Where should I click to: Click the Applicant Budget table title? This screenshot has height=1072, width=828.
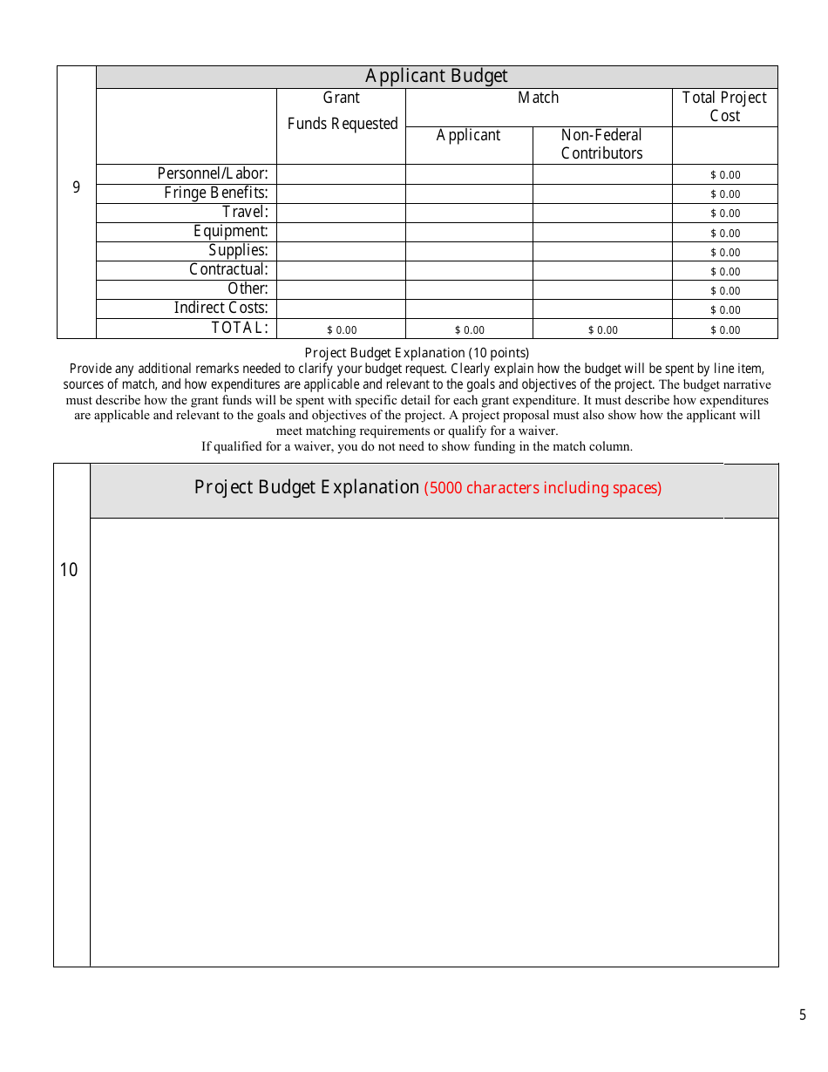tap(436, 77)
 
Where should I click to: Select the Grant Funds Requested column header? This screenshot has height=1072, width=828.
tap(342, 111)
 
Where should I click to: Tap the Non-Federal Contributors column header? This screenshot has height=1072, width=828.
tap(601, 144)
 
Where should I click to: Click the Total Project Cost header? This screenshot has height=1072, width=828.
tap(724, 106)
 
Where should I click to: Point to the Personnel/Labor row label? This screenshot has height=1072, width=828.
tap(213, 174)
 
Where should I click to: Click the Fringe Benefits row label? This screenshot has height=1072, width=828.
tap(216, 193)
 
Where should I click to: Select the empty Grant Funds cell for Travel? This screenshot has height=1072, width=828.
tap(341, 213)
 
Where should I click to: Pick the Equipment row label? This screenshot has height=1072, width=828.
tap(231, 232)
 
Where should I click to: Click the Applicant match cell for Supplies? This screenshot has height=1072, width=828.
tap(469, 251)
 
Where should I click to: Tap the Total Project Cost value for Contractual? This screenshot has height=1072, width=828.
tap(725, 271)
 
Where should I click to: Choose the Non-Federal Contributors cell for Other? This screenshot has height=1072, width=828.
tap(602, 289)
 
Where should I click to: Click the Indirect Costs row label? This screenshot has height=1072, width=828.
tap(221, 309)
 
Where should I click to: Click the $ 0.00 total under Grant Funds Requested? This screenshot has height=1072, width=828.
tap(342, 330)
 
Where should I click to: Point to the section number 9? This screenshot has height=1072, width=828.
tap(76, 187)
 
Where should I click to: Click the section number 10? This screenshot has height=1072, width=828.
tap(69, 570)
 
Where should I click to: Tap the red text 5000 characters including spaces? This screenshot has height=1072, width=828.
tap(542, 488)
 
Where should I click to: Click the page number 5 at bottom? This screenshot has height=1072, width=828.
tap(803, 1015)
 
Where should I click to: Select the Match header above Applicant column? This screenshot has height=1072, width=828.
tap(538, 98)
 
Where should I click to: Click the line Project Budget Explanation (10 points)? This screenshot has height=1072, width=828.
tap(417, 353)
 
